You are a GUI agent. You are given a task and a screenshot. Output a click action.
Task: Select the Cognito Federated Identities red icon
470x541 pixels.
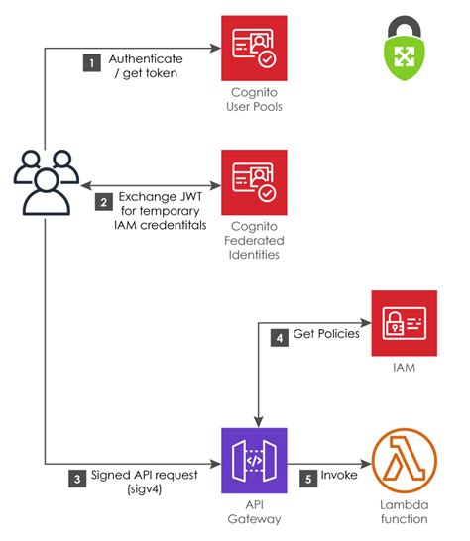[254, 182]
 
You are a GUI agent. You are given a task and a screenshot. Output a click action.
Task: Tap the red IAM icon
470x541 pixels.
[404, 323]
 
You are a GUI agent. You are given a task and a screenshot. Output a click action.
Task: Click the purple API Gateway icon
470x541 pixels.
[254, 461]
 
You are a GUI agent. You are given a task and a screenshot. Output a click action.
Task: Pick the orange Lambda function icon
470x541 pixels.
[404, 461]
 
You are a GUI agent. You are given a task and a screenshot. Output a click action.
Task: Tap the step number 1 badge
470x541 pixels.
[92, 61]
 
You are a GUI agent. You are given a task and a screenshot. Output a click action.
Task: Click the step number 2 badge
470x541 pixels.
[103, 202]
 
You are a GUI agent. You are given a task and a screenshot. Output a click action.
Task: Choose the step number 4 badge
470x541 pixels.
[279, 337]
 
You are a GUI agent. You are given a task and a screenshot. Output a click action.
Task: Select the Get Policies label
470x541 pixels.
[325, 337]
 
